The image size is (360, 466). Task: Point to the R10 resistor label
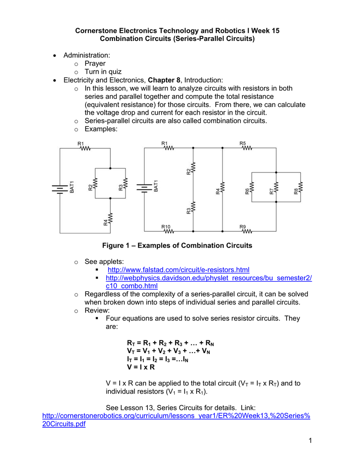[165, 226]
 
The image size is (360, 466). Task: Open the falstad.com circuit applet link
[178, 270]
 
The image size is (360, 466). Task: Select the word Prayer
[95, 64]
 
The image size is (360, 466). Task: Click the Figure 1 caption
[177, 246]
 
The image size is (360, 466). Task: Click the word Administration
[86, 56]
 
